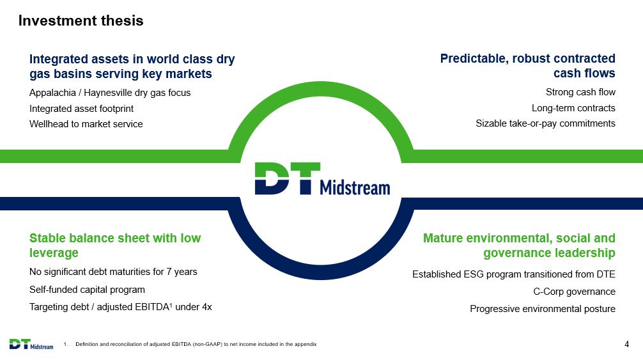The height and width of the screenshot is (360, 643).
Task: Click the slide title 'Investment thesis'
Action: tap(81, 20)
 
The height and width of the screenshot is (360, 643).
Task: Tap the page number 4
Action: tap(626, 345)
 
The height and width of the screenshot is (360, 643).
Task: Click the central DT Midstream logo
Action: tap(322, 179)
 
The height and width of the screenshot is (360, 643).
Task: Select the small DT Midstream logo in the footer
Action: tap(31, 344)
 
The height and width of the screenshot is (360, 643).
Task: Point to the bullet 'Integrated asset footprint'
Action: tap(81, 109)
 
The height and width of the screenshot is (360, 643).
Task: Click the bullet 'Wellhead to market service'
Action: tap(86, 124)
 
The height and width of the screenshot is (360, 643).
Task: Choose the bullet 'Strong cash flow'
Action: tap(580, 92)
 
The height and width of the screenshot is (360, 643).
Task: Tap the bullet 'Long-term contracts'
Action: tap(573, 108)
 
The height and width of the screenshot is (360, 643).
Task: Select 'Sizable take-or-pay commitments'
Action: tap(545, 123)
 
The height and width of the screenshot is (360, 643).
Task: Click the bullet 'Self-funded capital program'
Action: tap(87, 290)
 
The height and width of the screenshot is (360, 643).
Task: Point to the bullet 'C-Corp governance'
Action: tap(574, 292)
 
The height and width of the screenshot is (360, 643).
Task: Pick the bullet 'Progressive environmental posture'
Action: tap(543, 309)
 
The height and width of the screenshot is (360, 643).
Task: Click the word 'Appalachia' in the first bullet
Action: tap(52, 93)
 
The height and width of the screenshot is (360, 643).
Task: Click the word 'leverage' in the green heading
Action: tap(54, 253)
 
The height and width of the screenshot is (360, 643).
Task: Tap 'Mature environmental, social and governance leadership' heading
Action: tap(519, 245)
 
